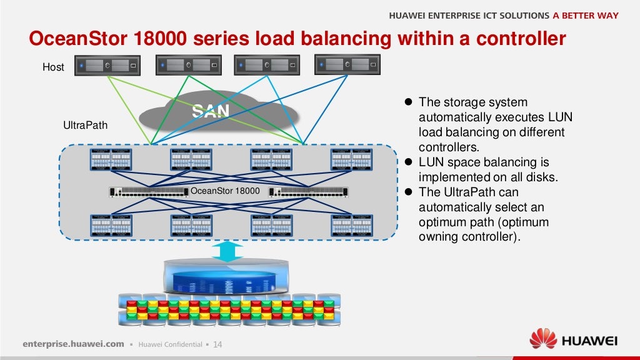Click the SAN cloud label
(x=211, y=111)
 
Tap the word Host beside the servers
(x=53, y=67)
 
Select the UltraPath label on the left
(x=86, y=126)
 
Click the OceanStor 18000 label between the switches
(x=225, y=191)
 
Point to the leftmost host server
(x=107, y=65)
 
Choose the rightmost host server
(x=347, y=65)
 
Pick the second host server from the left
(x=187, y=65)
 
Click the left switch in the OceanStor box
(x=148, y=191)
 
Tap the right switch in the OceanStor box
(x=308, y=191)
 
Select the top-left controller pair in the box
(x=111, y=160)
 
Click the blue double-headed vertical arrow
(x=227, y=251)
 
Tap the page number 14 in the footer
(x=218, y=344)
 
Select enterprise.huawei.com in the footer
(x=74, y=344)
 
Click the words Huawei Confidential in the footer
(x=170, y=344)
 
